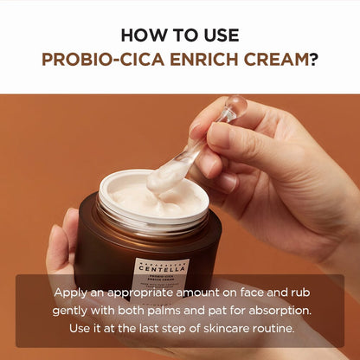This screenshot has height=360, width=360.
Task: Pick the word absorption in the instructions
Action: tap(272, 312)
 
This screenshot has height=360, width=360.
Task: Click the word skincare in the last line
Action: tap(210, 330)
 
